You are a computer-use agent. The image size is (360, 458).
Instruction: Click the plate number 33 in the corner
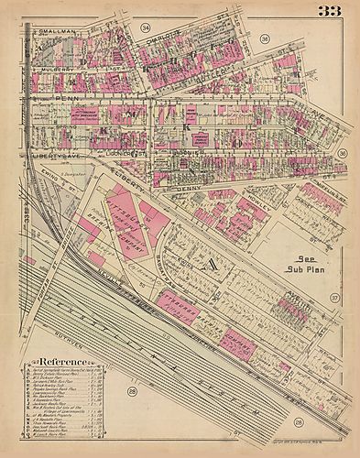click(332, 12)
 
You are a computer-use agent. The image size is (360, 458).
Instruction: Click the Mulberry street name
click(55, 69)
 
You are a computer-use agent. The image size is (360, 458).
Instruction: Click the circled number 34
click(145, 30)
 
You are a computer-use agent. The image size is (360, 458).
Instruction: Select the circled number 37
click(334, 299)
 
